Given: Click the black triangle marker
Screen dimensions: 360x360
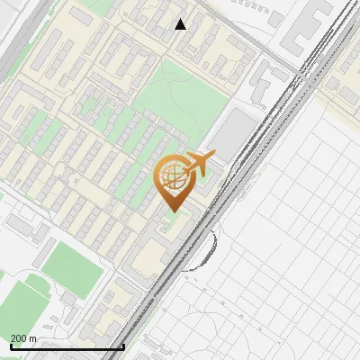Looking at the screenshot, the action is click(x=181, y=24).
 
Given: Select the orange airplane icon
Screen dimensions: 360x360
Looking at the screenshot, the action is click(x=197, y=164).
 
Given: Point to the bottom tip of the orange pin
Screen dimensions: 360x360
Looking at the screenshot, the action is click(x=172, y=211).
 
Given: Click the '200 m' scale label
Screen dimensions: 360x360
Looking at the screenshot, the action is click(x=23, y=338).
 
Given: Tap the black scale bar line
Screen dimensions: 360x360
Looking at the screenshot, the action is click(x=67, y=347).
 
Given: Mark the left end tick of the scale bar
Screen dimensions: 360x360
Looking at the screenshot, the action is click(x=11, y=346).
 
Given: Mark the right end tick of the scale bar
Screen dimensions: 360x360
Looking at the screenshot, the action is click(x=123, y=346).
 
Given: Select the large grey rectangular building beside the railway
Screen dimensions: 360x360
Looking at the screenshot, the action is click(x=235, y=133).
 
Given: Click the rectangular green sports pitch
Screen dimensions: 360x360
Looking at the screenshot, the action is click(x=67, y=262).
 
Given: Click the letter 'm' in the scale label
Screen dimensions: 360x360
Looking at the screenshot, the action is click(x=32, y=338).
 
